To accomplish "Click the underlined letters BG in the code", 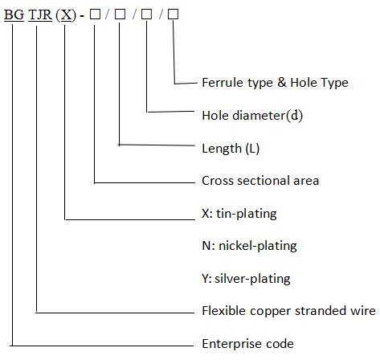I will pos(14,15).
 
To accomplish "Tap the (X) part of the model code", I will pos(66,15).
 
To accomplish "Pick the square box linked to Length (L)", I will pos(120,15).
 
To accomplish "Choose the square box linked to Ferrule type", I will pos(173,15).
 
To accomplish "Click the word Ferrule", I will pos(222,83).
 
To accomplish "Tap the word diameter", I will pos(259,115).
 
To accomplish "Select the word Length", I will pos(220,149).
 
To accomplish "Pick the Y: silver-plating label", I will pos(245,280).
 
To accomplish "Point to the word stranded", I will pos(317,311).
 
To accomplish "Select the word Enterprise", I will pos(231,344).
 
